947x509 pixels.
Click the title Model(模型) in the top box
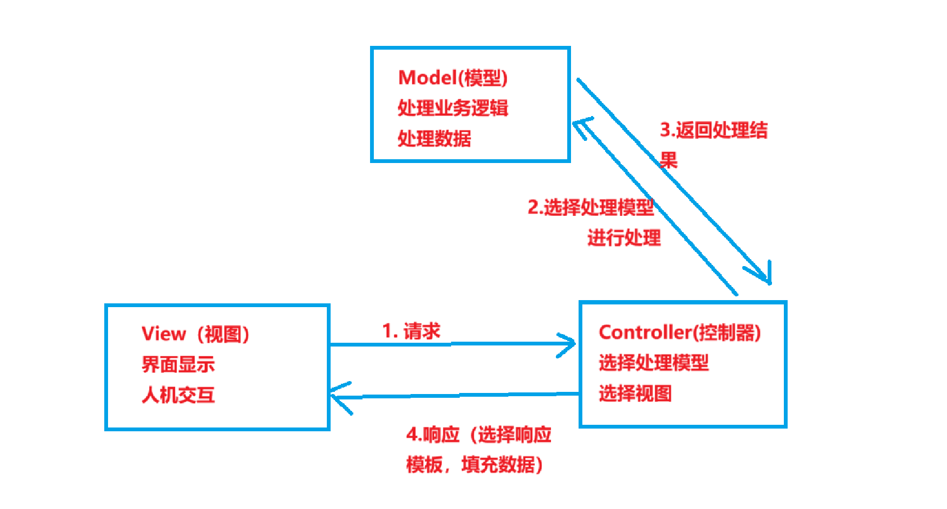tap(453, 78)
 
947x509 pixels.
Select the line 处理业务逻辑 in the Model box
tap(453, 108)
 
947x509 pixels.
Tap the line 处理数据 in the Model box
tap(434, 139)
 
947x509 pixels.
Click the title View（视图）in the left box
tap(196, 334)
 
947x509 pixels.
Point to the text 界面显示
tap(178, 365)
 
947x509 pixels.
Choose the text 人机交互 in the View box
tap(178, 395)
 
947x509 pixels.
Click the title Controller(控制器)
tap(680, 332)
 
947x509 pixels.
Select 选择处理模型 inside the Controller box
tap(653, 363)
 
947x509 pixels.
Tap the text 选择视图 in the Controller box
tap(635, 393)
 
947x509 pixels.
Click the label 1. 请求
tap(411, 331)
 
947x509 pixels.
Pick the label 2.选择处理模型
tap(590, 207)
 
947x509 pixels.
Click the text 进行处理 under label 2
tap(624, 237)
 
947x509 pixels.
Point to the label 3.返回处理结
tap(713, 130)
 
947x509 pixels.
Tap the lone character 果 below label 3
tap(668, 160)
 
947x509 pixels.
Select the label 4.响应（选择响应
tap(479, 435)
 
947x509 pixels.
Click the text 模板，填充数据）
tap(474, 465)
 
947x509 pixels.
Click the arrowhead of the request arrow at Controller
tap(570, 344)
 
